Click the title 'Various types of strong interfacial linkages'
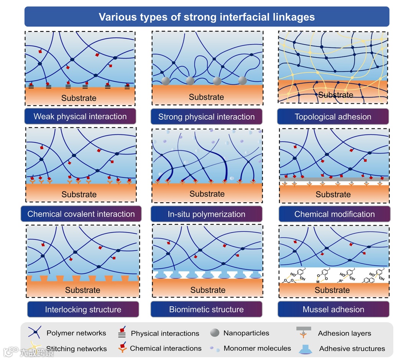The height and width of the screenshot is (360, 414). coord(207,17)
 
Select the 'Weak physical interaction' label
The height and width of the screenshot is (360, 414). coord(80,117)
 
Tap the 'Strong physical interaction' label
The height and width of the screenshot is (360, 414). coord(206,117)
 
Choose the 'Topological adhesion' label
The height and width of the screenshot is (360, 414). coord(333,117)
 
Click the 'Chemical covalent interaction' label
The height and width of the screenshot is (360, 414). coord(81,214)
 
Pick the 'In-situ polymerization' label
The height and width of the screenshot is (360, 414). coord(206,214)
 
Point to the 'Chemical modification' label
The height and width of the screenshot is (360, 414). coord(334,214)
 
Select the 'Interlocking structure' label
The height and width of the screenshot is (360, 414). coord(83,309)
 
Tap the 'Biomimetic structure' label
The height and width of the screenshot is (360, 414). coord(206,309)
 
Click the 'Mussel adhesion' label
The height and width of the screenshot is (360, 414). coord(333,309)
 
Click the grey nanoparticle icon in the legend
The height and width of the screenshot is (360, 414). coord(215,333)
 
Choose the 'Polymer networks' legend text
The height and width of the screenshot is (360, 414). coord(76,333)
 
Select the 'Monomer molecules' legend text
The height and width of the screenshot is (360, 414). coord(257,348)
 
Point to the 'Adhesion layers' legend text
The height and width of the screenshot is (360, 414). coord(344,333)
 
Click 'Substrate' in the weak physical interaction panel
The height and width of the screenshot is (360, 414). coord(79,98)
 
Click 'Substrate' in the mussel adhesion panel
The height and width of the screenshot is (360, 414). coord(332,290)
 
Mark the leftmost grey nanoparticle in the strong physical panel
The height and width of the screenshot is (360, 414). coord(166,81)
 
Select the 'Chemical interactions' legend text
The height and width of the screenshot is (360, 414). coord(166,348)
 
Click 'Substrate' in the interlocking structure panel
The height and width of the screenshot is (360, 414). coord(82,290)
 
